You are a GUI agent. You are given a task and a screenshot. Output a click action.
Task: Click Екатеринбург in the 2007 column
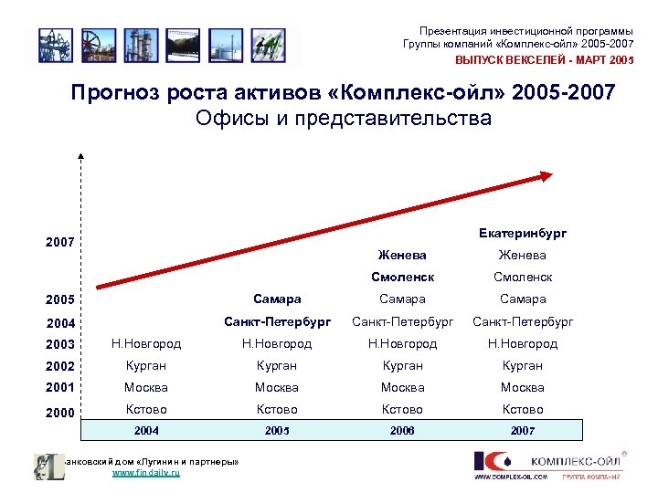click(x=522, y=234)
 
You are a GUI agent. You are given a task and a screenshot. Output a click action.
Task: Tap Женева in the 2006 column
click(x=402, y=255)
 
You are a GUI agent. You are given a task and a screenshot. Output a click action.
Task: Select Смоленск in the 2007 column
click(x=522, y=277)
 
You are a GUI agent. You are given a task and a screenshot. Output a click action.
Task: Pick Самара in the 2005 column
click(x=276, y=299)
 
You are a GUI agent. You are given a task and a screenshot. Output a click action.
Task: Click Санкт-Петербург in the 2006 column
click(x=402, y=320)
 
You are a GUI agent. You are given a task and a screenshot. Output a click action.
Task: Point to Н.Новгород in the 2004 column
click(x=146, y=343)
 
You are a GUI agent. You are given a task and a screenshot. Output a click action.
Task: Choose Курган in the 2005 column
click(x=276, y=365)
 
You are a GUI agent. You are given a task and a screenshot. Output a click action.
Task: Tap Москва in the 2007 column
click(x=522, y=387)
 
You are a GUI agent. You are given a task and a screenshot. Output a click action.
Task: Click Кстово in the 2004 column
click(x=146, y=409)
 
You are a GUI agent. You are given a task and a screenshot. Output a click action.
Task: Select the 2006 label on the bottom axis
click(x=402, y=430)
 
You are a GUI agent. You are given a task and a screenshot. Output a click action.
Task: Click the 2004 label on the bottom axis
click(x=146, y=430)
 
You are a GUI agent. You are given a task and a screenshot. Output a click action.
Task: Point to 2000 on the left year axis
click(x=60, y=413)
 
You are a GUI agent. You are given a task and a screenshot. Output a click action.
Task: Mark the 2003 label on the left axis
click(x=60, y=345)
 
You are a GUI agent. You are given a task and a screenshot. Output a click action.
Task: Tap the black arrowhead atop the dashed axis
click(x=80, y=158)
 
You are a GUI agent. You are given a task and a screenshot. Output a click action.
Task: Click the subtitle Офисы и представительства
click(x=343, y=119)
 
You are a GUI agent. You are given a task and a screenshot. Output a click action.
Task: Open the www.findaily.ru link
click(x=145, y=474)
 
